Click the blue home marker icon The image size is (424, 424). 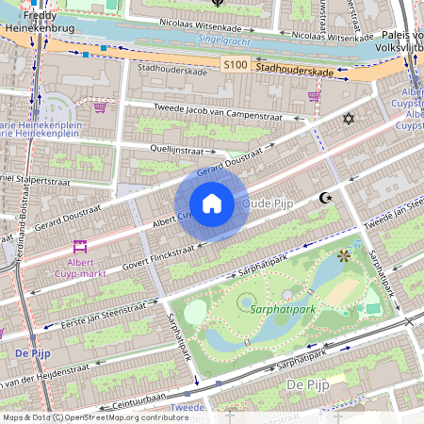pos(212,203)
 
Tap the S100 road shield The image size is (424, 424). pos(236,63)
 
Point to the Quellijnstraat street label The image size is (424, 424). pos(177,148)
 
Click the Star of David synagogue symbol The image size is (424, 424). pos(350,119)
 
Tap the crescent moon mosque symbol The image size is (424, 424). pos(326,198)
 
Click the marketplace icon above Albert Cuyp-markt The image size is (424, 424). pos(80,246)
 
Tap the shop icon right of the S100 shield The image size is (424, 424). pos(314,95)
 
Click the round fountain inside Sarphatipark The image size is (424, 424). pos(247,302)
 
